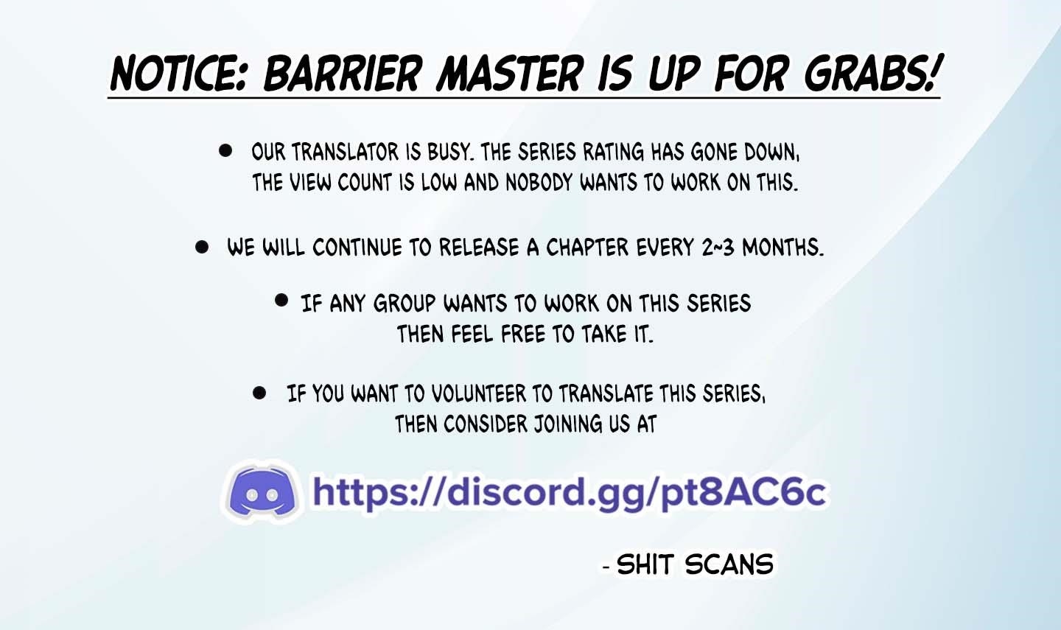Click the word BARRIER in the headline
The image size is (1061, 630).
[343, 74]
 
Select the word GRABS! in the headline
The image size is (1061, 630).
[872, 74]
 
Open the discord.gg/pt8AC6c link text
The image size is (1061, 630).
[569, 492]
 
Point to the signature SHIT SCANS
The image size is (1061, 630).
[694, 565]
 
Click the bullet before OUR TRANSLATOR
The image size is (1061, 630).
[225, 151]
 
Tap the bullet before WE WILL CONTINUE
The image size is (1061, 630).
[202, 247]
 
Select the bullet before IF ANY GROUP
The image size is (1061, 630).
[281, 300]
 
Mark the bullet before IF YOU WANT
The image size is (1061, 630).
[259, 393]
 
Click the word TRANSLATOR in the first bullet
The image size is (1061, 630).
[345, 153]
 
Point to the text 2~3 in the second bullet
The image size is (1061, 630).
[718, 248]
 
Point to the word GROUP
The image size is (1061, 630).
[405, 304]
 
